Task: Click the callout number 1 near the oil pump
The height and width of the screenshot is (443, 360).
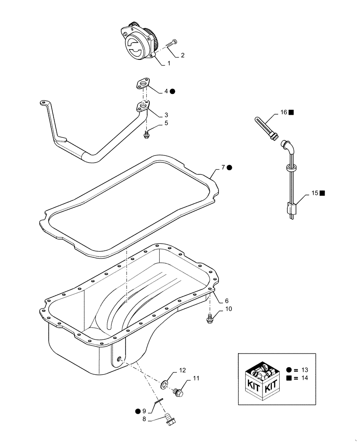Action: [x=168, y=63]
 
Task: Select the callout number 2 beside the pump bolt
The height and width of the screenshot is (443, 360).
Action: [x=182, y=55]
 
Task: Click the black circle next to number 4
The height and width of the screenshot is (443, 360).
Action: [x=172, y=91]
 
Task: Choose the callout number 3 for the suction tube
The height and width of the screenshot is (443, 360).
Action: [x=166, y=114]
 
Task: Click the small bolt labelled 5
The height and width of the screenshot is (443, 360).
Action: [x=146, y=133]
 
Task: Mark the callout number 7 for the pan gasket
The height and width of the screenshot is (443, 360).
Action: [x=223, y=167]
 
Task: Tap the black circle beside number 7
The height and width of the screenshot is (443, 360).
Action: [x=230, y=167]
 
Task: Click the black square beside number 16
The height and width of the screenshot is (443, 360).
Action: [x=291, y=113]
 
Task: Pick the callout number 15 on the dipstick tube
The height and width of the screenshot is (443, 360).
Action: [x=314, y=193]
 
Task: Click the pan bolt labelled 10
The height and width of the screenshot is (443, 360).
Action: [x=211, y=317]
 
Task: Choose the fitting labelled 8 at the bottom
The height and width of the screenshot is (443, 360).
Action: [x=169, y=420]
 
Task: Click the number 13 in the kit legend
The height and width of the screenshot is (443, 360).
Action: [x=304, y=370]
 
